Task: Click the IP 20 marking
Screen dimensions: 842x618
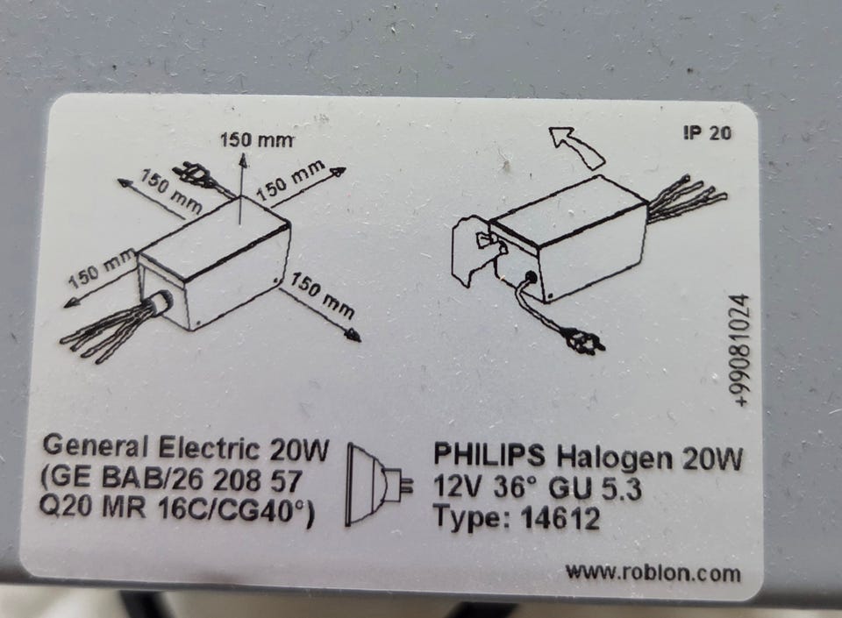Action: (x=708, y=132)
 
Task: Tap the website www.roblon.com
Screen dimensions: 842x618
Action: (x=653, y=572)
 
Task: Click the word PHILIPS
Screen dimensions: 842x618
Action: (x=489, y=457)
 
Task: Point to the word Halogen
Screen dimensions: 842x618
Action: (x=614, y=458)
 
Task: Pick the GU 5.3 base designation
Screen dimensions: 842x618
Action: (x=596, y=489)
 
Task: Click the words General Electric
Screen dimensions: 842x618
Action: (x=151, y=447)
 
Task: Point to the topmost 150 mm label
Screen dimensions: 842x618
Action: (x=257, y=140)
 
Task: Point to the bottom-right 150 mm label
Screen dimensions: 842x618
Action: (x=323, y=295)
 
